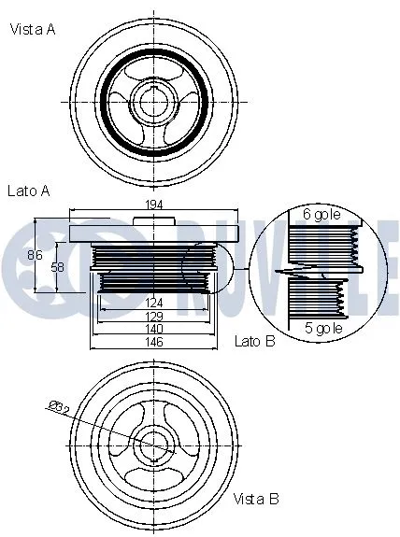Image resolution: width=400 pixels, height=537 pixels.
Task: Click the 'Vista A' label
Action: [33, 29]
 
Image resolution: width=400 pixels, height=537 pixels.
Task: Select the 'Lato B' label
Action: [254, 342]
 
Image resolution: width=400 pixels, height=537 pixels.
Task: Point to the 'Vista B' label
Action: [255, 499]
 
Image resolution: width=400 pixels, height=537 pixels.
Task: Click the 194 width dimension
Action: [154, 205]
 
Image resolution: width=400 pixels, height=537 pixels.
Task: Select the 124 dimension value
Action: [154, 302]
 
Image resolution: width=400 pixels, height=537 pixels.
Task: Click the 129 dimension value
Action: [154, 316]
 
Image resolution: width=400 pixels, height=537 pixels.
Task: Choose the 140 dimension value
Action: [154, 329]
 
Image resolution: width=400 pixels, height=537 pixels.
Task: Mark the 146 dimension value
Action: [154, 343]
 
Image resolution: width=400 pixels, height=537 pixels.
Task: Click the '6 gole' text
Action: [321, 214]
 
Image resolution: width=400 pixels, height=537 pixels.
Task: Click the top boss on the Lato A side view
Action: [154, 220]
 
